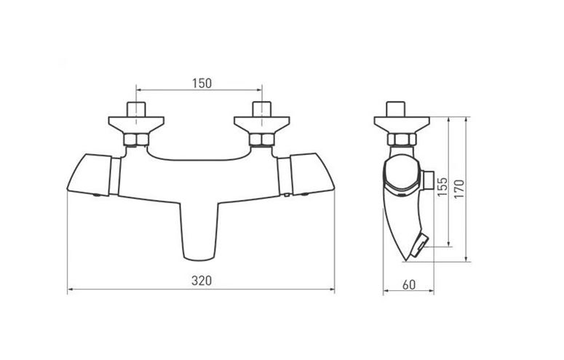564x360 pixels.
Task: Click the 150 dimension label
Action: (202, 84)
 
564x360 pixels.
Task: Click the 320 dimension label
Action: (202, 281)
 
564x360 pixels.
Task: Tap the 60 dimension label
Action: (408, 285)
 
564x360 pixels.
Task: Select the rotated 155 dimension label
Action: (442, 186)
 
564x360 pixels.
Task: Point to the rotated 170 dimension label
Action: (459, 189)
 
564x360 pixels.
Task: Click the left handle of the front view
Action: (90, 175)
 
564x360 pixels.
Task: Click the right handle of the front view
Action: (312, 175)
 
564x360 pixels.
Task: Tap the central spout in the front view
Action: (199, 231)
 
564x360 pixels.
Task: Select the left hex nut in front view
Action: (136, 140)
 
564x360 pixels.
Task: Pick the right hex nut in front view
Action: (262, 140)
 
